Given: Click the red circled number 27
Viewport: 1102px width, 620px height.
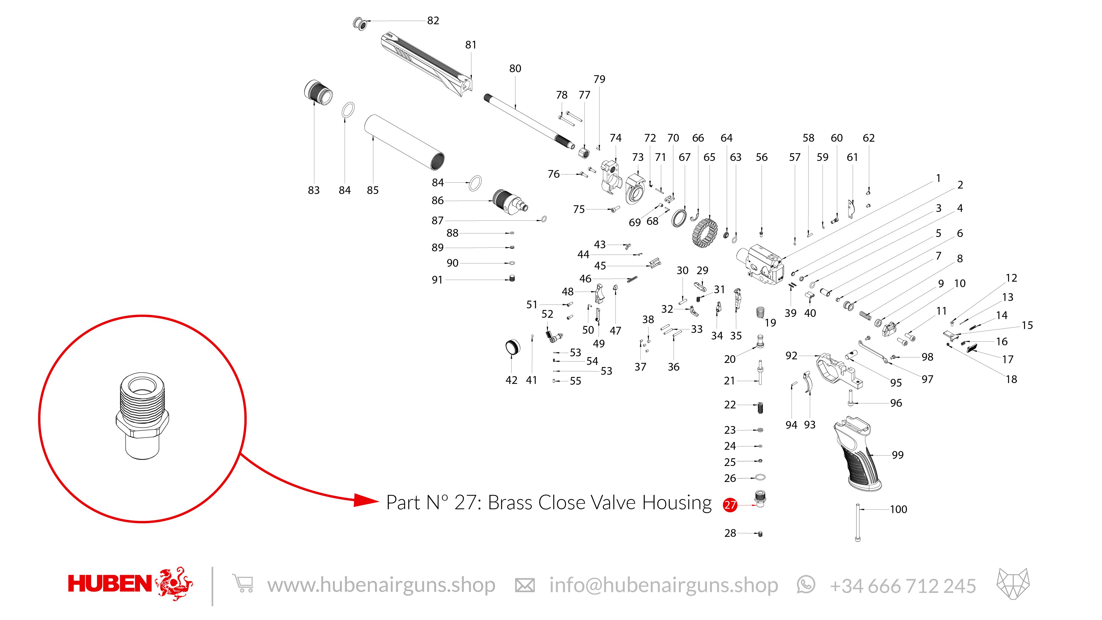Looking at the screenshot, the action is (x=730, y=505).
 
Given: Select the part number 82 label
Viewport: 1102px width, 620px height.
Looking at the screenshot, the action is (x=433, y=21).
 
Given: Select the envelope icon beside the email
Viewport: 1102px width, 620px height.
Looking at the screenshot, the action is (x=525, y=585).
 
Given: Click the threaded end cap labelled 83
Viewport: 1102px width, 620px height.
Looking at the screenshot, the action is (x=318, y=92).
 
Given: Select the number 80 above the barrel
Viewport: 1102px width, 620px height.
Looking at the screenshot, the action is (x=515, y=68).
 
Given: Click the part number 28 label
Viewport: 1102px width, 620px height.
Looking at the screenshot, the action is (x=730, y=533).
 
